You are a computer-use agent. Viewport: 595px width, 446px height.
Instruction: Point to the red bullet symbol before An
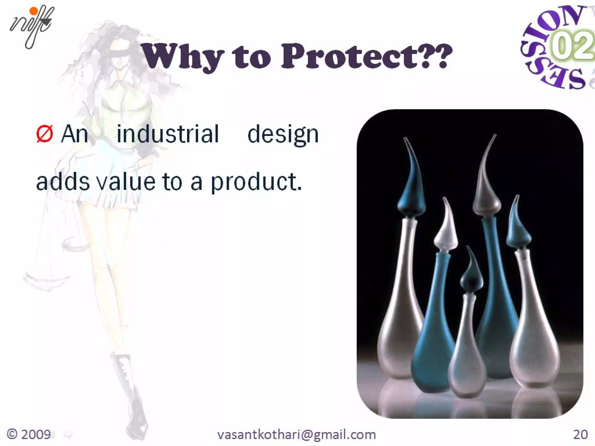click(x=44, y=134)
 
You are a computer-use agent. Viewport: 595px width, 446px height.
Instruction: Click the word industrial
click(x=168, y=134)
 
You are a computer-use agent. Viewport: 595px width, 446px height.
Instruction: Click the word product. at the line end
click(x=256, y=182)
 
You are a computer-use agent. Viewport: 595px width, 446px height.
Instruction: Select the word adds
click(x=63, y=182)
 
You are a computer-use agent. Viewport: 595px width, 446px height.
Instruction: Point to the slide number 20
click(x=580, y=434)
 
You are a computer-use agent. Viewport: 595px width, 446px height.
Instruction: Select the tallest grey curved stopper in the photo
click(x=487, y=186)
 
